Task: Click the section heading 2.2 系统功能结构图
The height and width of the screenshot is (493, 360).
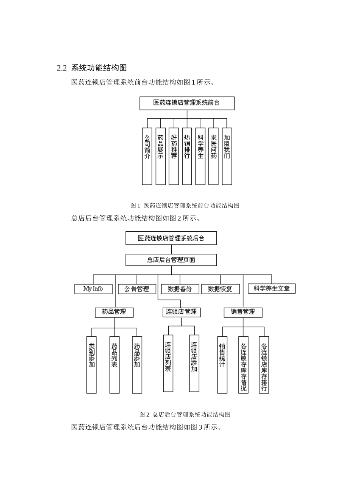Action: click(x=91, y=68)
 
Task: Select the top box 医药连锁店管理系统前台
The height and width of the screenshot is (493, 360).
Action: click(x=187, y=103)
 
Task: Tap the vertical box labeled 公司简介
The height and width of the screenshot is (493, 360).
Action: click(x=147, y=156)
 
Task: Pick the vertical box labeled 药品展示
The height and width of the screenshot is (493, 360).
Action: click(x=160, y=156)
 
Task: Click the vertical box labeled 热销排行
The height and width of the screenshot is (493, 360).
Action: click(x=187, y=156)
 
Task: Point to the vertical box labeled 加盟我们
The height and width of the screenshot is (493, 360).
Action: click(x=227, y=156)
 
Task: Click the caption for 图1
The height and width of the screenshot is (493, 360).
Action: click(x=185, y=206)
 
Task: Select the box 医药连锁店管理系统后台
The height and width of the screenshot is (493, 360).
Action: click(x=171, y=238)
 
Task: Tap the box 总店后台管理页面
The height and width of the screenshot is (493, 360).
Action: click(x=171, y=260)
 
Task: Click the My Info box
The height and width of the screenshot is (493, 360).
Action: click(x=93, y=289)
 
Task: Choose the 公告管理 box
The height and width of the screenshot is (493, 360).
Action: click(x=137, y=289)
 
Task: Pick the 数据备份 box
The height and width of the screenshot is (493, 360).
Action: click(x=180, y=289)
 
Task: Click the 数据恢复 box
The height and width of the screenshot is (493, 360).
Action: click(x=220, y=289)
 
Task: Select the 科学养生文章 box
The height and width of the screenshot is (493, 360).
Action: click(x=272, y=289)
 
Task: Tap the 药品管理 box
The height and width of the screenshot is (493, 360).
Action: click(x=114, y=312)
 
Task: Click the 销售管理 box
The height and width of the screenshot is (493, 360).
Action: click(x=243, y=312)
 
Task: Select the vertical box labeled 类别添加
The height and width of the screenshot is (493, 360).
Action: click(x=91, y=364)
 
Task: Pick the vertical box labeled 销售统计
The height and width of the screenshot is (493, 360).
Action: click(x=222, y=364)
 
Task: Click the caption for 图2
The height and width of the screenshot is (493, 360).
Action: click(x=185, y=414)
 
